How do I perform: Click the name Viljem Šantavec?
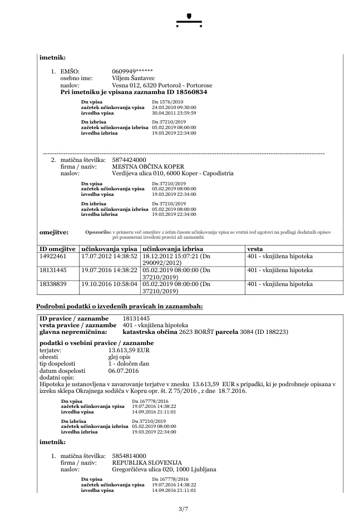tap(133, 78)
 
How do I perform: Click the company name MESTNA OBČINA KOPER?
tap(147, 166)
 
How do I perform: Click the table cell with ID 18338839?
tap(53, 284)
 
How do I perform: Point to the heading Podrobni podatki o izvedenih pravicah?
tap(120, 306)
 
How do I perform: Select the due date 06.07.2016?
tap(124, 370)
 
